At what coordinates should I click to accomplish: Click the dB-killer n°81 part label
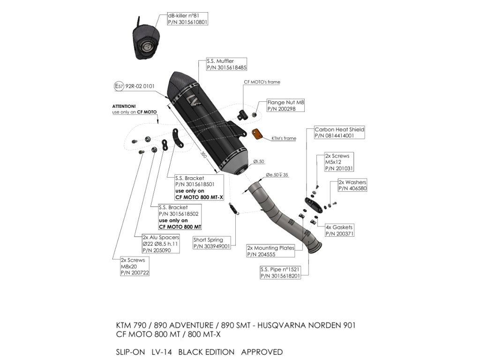coord(187,19)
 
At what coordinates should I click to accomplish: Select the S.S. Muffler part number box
coord(226,64)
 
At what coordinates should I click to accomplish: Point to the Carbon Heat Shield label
coord(339,132)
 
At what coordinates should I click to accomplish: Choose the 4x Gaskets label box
coord(339,230)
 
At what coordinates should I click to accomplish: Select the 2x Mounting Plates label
coord(270,251)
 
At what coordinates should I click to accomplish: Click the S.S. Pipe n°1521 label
coord(280,273)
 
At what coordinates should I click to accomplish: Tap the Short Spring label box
coord(211,243)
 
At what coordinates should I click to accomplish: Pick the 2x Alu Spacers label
coord(157,244)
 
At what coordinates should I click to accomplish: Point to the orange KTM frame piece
coord(257,134)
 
